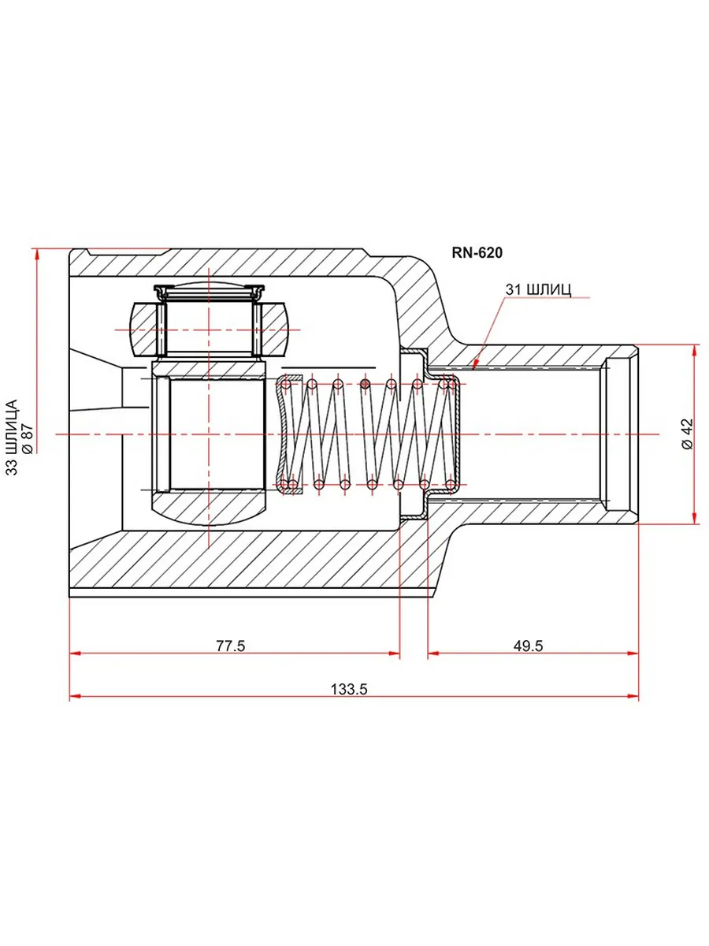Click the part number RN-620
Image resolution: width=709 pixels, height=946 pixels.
click(x=477, y=252)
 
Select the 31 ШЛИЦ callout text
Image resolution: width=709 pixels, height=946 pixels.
click(x=538, y=289)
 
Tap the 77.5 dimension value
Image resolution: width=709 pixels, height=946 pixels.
click(x=230, y=646)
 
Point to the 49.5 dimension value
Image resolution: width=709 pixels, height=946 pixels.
click(x=528, y=646)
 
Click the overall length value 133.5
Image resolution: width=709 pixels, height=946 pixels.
click(x=349, y=689)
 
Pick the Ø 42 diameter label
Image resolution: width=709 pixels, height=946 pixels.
click(x=688, y=434)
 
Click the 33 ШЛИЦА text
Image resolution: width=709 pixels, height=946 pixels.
click(x=12, y=438)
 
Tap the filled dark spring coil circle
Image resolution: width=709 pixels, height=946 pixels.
click(x=365, y=384)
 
